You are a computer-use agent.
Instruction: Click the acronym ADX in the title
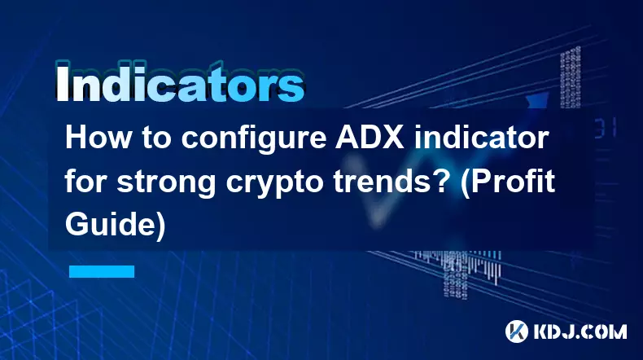(x=370, y=138)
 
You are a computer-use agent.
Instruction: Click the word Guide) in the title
(x=116, y=226)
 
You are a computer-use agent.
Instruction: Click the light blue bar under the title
(x=102, y=271)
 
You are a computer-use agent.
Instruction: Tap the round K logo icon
(x=516, y=331)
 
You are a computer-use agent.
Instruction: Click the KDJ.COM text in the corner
(x=580, y=331)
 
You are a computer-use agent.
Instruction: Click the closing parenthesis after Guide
(x=161, y=226)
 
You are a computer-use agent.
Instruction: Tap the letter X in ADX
(x=393, y=138)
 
